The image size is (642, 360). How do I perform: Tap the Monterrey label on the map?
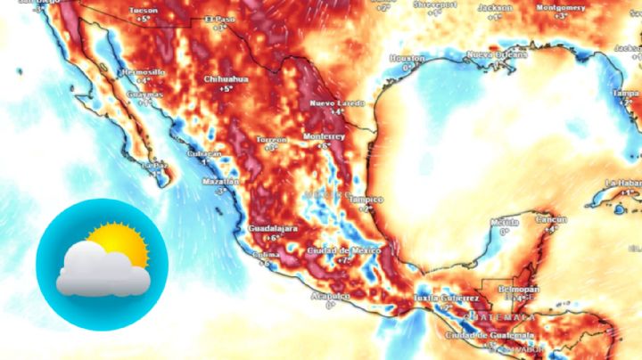[324, 136]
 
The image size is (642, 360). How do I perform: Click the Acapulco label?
[330, 296]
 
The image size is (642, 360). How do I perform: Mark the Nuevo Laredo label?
[337, 103]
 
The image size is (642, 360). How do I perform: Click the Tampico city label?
[366, 200]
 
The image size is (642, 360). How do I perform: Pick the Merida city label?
[505, 221]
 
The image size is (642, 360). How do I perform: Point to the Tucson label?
[144, 10]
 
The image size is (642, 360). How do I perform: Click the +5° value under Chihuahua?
[226, 88]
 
